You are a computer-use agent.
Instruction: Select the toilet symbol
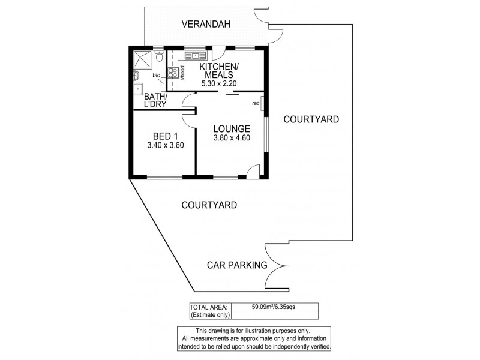coord(158,57)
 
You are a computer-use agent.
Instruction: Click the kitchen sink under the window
coord(194,56)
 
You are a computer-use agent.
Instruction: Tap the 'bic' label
coord(156,76)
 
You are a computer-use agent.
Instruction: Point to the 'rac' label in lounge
coord(255,103)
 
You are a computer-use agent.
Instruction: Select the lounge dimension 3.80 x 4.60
coord(232,138)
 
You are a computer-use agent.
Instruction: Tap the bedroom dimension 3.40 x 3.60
coord(164,145)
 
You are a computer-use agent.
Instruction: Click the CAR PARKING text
coord(236,265)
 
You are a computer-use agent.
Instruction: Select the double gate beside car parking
coord(277,266)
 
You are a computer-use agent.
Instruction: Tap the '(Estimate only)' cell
coord(209,314)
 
